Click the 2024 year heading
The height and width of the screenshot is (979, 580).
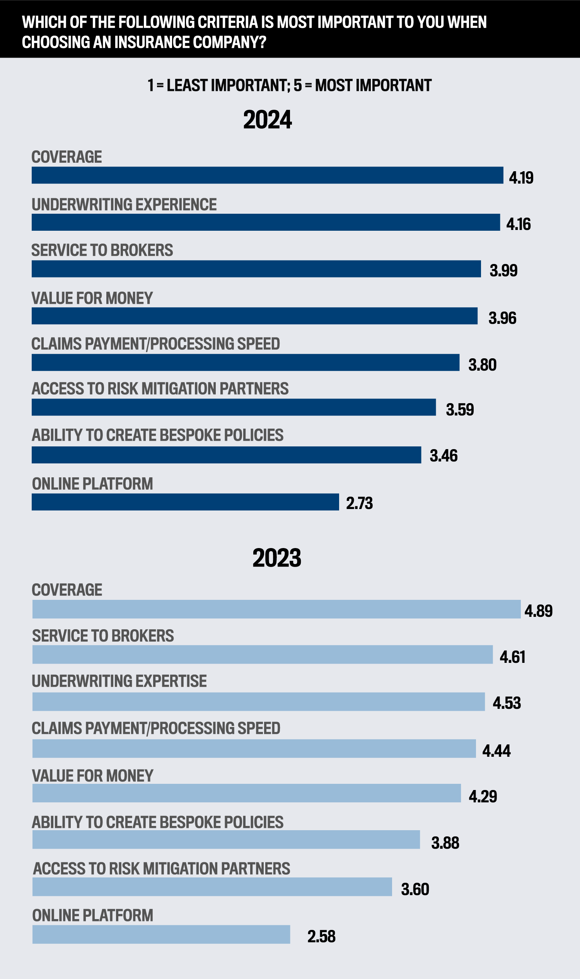267,119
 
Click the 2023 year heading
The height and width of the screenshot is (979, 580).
277,558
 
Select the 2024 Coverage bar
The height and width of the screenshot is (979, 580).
267,175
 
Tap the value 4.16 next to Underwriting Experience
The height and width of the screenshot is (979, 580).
518,224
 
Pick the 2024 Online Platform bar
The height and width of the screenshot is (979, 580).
185,502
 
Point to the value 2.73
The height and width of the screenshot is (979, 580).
359,503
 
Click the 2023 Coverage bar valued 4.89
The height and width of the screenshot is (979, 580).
276,609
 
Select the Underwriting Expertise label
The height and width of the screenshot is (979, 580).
119,681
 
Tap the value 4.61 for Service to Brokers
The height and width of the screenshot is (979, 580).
512,657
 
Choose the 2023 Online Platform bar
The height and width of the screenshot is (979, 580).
161,935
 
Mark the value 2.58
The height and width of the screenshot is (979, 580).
321,936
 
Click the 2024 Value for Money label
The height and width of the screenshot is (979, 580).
92,298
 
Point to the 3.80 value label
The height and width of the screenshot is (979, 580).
482,365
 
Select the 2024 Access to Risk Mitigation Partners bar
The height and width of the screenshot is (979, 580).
234,407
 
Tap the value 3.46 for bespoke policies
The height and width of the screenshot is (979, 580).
444,456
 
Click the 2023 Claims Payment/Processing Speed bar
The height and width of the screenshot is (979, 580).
254,749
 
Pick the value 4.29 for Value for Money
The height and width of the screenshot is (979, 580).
483,796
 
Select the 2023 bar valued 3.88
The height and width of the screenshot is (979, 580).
226,839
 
